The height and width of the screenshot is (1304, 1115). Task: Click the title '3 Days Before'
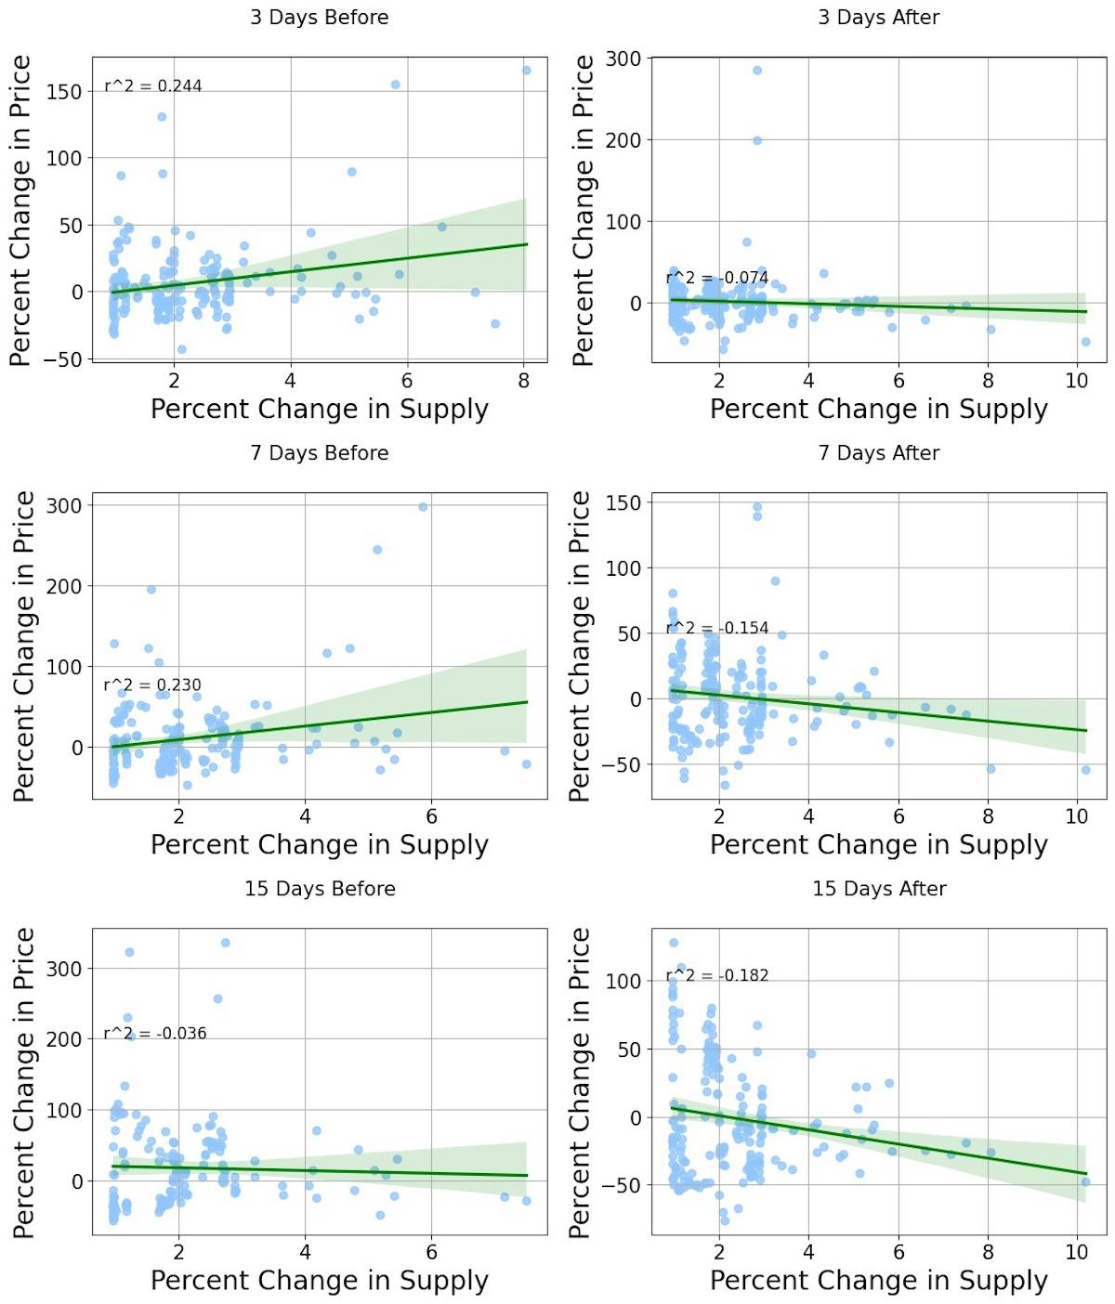(x=319, y=18)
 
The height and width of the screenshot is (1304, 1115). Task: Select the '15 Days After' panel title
(x=879, y=889)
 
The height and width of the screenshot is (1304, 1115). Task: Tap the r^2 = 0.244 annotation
(x=153, y=86)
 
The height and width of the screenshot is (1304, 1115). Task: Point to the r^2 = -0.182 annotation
(x=717, y=975)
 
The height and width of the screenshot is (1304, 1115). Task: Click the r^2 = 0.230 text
(x=152, y=685)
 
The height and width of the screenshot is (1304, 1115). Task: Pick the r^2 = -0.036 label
(x=155, y=1034)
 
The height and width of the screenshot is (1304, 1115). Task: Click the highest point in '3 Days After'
(x=757, y=71)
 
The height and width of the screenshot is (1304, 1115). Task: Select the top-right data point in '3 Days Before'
(x=526, y=71)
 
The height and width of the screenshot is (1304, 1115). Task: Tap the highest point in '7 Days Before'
(x=423, y=507)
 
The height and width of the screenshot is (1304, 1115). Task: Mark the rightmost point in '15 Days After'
(x=1085, y=1181)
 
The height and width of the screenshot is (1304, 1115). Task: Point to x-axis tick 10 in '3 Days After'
(x=1077, y=381)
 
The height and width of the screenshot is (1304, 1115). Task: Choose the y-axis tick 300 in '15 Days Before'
(x=64, y=969)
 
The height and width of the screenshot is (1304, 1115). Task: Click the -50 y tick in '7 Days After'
(x=622, y=765)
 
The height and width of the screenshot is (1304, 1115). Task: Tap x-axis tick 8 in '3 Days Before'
(x=524, y=381)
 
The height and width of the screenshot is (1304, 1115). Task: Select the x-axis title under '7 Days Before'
(x=319, y=845)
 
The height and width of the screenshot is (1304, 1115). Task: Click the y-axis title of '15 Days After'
(x=580, y=1082)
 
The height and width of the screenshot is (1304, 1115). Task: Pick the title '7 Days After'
(x=879, y=453)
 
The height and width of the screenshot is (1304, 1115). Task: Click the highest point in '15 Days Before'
(x=225, y=943)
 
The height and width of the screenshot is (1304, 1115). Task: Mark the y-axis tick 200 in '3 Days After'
(x=623, y=140)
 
